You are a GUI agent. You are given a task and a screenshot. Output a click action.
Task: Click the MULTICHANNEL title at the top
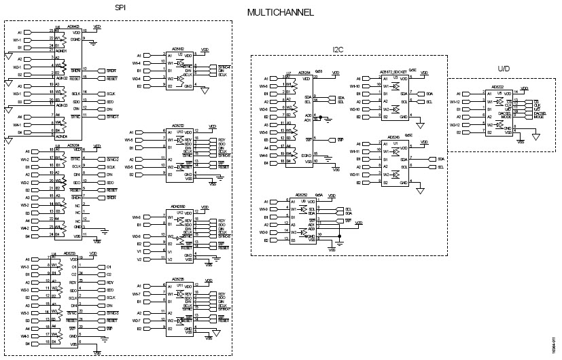pyautogui.click(x=281, y=12)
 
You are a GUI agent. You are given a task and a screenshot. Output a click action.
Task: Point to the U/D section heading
pyautogui.click(x=503, y=69)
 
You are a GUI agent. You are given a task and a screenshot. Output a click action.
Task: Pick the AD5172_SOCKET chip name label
pyautogui.click(x=393, y=71)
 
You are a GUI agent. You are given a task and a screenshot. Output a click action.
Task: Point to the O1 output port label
pyautogui.click(x=109, y=267)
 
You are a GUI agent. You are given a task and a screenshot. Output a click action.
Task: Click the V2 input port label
pyautogui.click(x=139, y=259)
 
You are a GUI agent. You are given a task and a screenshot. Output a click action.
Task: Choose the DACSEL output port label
pyautogui.click(x=541, y=113)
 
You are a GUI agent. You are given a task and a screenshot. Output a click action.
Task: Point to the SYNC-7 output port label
pyautogui.click(x=224, y=308)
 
